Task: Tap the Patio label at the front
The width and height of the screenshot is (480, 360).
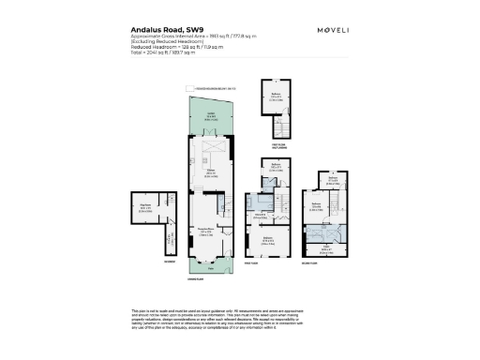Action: (211, 268)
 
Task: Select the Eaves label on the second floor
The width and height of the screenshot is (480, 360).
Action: (328, 246)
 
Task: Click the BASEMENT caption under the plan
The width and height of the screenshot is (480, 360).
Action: (142, 262)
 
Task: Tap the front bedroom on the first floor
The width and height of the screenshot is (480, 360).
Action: (268, 240)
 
